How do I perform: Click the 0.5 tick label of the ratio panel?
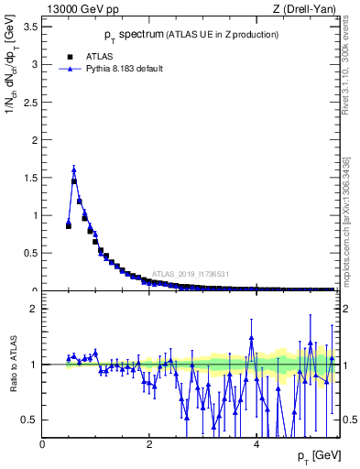point(29,420)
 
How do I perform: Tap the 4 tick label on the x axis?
point(256,444)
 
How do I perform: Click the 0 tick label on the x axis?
point(43,444)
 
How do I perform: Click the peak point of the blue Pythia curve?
point(74,169)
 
